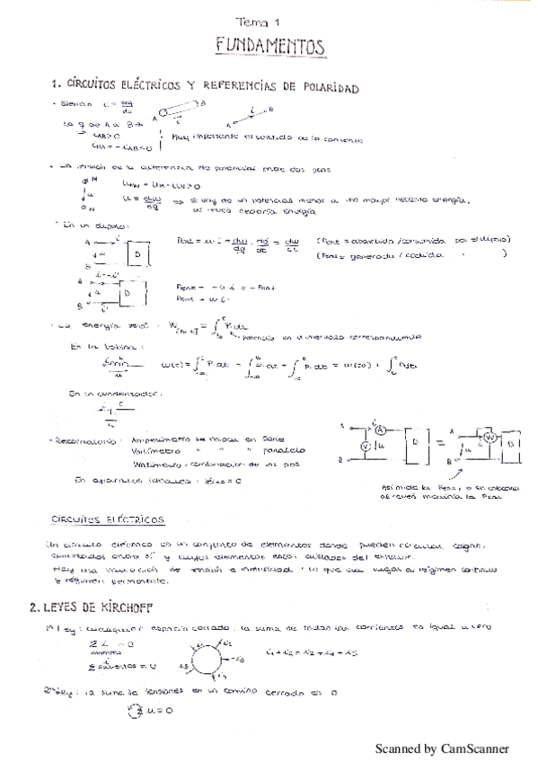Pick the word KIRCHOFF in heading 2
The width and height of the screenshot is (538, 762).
[111, 607]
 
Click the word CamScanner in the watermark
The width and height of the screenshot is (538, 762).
[474, 749]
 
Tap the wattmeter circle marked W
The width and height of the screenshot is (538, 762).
[491, 437]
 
